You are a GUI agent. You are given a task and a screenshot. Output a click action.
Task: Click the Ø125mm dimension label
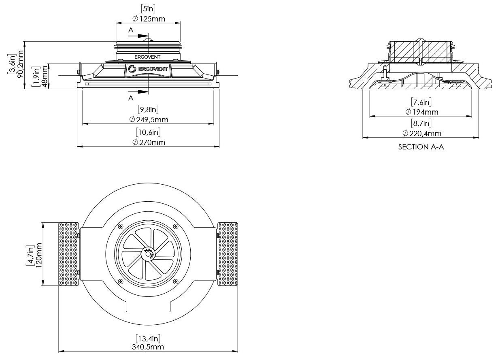[x=149, y=19]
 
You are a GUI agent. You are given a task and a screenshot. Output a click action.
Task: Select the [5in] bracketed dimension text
[x=148, y=9]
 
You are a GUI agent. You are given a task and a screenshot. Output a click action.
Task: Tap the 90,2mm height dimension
[x=20, y=64]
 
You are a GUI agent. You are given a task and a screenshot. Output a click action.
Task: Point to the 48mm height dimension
[x=45, y=77]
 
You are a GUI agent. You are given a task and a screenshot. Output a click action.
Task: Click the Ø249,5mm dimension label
[x=149, y=119]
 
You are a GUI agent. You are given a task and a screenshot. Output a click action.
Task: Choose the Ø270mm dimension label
[x=149, y=142]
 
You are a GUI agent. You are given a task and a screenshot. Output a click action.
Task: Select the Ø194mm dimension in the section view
[x=421, y=112]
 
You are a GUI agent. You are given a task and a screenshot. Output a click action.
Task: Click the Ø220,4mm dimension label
[x=421, y=133]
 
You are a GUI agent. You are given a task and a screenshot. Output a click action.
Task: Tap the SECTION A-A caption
[x=421, y=147]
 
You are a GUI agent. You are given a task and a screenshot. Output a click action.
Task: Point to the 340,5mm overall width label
[x=148, y=347]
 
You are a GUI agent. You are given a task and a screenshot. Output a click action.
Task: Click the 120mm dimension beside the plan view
[x=38, y=255]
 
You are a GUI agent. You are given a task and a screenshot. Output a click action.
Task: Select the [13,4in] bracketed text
[x=148, y=339]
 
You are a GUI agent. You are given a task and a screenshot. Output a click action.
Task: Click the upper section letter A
[x=131, y=30]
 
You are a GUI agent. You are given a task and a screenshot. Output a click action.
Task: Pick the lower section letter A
[x=131, y=98]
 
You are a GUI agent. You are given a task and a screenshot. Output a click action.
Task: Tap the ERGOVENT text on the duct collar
[x=147, y=57]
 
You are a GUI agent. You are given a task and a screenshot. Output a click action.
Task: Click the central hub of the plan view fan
[x=148, y=254]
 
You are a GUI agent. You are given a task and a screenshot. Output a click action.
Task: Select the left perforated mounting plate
[x=69, y=254]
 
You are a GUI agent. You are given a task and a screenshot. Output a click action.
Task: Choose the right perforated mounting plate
[x=228, y=254]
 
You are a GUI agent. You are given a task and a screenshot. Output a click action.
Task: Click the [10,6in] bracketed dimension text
[x=148, y=132]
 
